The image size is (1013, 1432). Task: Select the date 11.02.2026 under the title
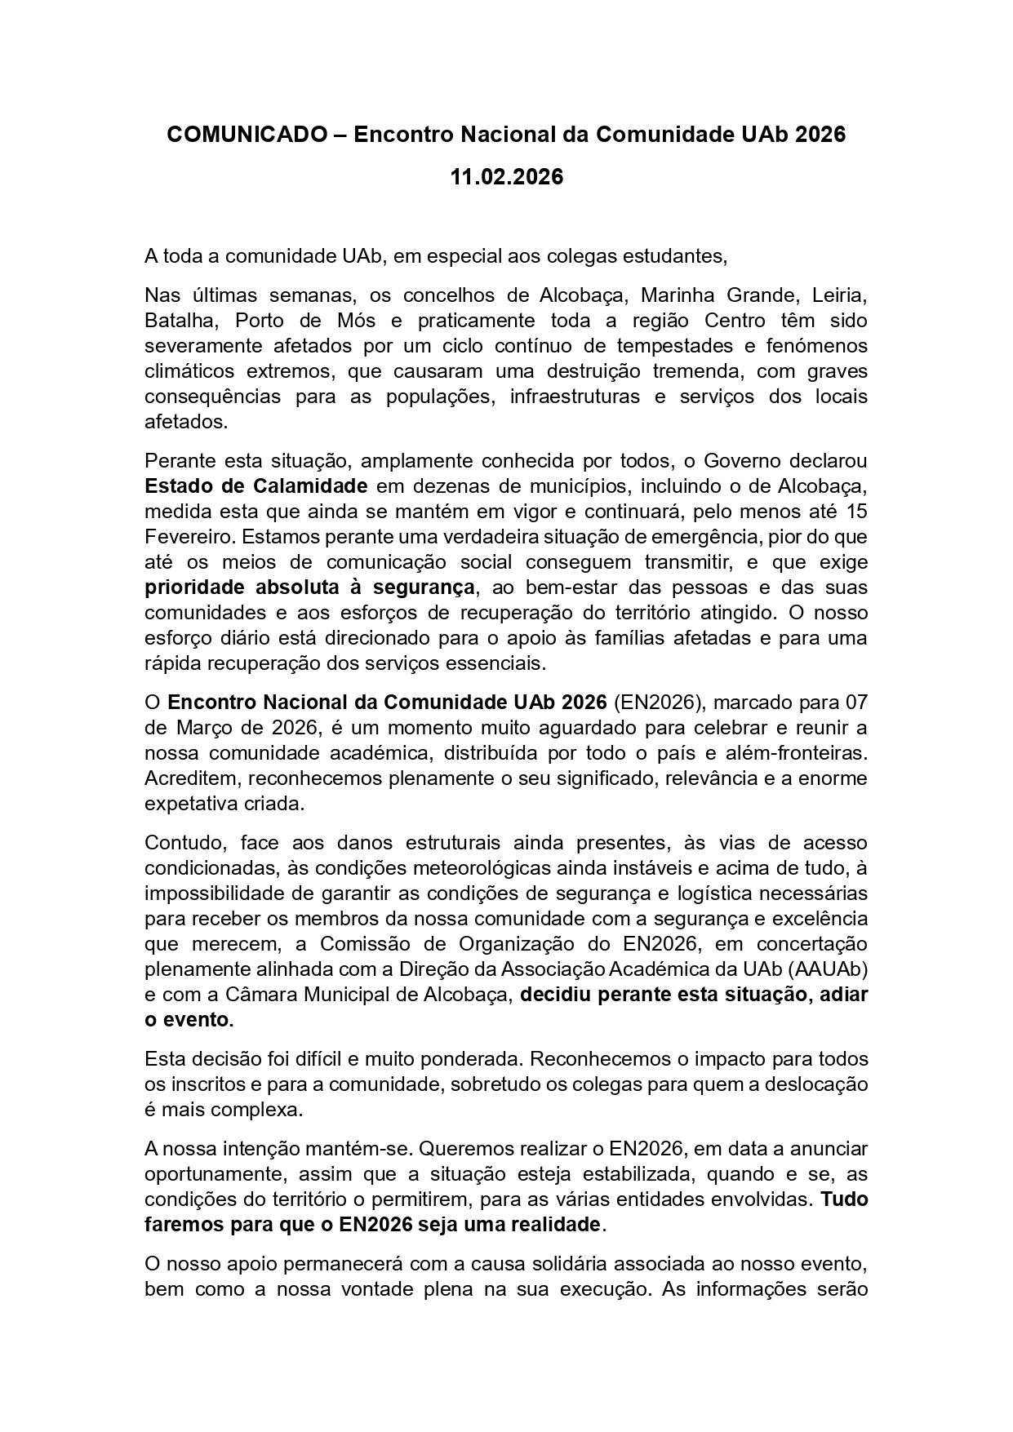pos(506,177)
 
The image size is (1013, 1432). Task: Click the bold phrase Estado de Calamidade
pos(255,486)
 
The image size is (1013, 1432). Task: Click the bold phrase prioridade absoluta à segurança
pos(309,587)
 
